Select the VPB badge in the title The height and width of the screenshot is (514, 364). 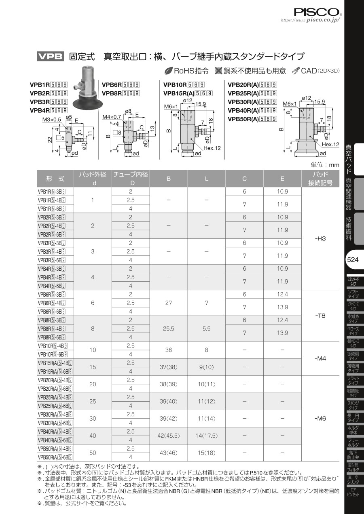(x=50, y=56)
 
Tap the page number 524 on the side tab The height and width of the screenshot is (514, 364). (x=353, y=259)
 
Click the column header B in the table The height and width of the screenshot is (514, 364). (x=169, y=179)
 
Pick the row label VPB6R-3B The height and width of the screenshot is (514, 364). (x=52, y=294)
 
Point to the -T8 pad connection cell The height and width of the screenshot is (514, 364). (x=320, y=316)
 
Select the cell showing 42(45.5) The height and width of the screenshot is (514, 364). (x=169, y=436)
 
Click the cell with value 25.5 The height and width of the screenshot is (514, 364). (x=169, y=329)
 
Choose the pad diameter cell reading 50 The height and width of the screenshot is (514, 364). (x=93, y=453)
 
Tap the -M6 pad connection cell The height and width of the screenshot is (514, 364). (x=320, y=418)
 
